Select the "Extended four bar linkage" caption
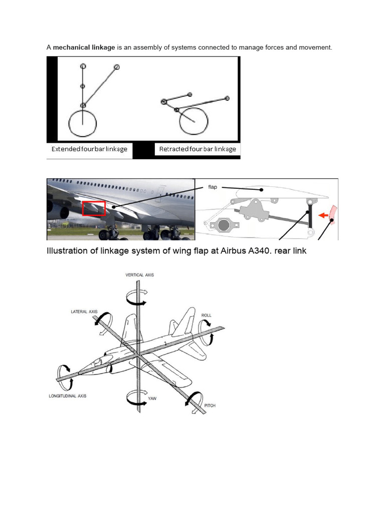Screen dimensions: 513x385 point(89,149)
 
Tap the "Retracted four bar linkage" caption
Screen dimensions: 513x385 point(197,149)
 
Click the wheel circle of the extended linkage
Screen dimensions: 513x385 point(82,124)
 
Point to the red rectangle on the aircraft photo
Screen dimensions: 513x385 point(94,208)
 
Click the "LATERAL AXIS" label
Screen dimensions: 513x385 point(84,312)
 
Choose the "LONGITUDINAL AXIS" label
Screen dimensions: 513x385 point(68,396)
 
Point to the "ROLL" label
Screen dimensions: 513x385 point(206,316)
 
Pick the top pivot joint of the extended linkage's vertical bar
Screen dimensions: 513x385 point(83,66)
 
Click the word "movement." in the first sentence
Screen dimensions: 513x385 point(315,48)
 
